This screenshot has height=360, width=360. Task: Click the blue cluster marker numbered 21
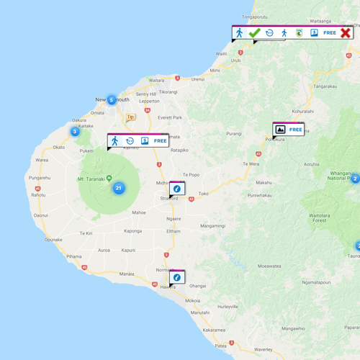coord(119,189)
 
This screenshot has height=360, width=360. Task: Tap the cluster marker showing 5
coord(111,100)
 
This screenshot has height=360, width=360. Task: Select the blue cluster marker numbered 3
coord(74,131)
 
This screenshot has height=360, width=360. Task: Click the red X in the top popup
coord(346,33)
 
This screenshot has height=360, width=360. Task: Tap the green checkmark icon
coord(254,33)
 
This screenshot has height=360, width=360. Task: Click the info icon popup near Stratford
coord(177,189)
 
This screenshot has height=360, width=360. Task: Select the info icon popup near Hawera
coord(177,277)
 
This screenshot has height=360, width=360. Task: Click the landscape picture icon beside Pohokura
coord(281,130)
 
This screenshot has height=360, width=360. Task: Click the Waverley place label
coord(264,349)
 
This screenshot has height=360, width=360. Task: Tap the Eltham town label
coord(174,231)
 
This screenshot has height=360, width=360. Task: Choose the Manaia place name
coord(127,274)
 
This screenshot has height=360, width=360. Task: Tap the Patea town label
coord(221,346)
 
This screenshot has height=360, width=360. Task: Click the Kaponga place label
coord(132,231)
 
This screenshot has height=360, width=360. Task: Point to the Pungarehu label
coord(40,177)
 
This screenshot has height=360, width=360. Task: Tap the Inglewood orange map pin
coord(130,117)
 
